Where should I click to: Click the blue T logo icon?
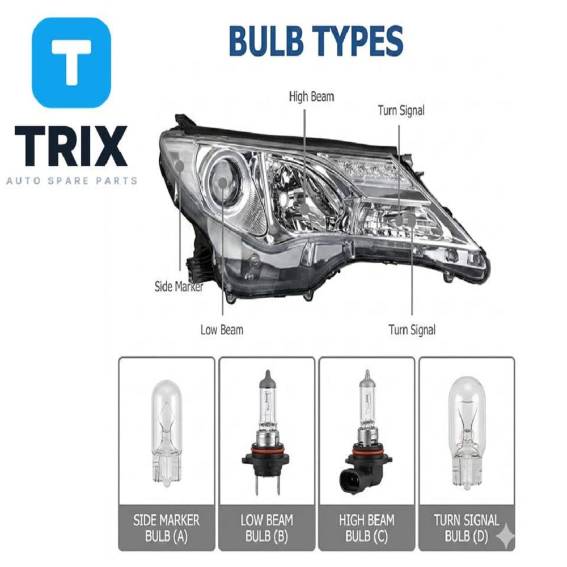point(71,62)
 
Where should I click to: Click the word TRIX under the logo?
point(71,146)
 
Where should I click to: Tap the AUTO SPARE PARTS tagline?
point(71,180)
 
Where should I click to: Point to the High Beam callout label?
point(311,96)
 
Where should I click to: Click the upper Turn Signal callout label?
point(401,111)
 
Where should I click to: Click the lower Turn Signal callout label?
point(412,330)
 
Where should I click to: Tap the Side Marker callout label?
point(179,287)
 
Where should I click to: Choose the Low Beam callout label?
point(222,330)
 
